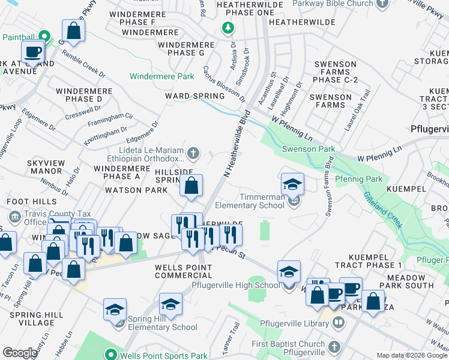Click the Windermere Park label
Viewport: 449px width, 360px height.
tap(163, 76)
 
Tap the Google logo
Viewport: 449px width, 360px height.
tap(20, 353)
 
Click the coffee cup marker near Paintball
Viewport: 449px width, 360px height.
tap(33, 52)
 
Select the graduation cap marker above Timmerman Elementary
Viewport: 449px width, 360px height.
tap(292, 184)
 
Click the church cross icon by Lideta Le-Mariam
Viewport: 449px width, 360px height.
tap(193, 154)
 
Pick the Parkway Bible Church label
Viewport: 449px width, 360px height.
tap(333, 4)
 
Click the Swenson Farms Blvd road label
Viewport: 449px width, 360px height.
tap(329, 185)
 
